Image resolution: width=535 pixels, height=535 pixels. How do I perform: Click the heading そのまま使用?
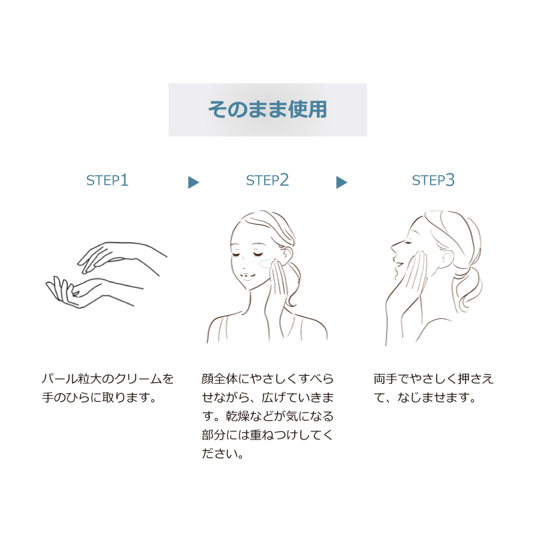(x=268, y=110)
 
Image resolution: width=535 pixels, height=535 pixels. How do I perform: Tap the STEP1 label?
(x=107, y=180)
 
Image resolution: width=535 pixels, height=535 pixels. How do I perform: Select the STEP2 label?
(x=267, y=180)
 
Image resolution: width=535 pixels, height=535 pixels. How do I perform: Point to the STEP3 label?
(x=433, y=180)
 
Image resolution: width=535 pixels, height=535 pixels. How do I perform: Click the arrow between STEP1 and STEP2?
(x=193, y=182)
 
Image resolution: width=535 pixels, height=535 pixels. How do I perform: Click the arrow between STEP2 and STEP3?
(x=342, y=182)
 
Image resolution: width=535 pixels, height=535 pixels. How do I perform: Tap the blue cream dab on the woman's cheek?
(x=265, y=263)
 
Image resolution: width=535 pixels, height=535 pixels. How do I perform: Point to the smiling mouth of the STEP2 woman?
(x=247, y=275)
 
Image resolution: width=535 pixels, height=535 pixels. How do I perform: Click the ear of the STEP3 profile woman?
(x=447, y=258)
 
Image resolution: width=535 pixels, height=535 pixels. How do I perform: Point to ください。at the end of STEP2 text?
(x=223, y=454)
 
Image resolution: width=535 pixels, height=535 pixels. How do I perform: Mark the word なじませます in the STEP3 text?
(x=433, y=397)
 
